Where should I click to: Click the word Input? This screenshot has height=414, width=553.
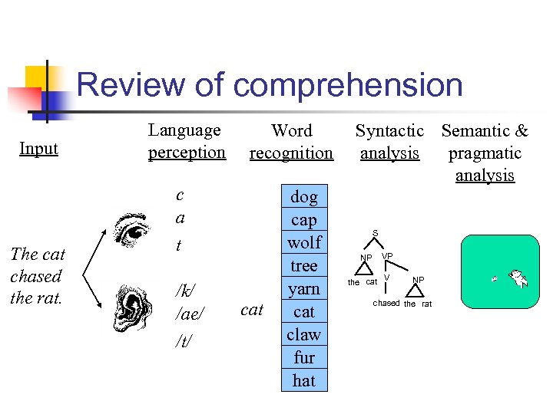[x=38, y=148]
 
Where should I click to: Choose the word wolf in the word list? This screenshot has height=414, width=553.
[x=304, y=243]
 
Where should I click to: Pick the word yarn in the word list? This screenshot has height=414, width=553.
[x=304, y=289]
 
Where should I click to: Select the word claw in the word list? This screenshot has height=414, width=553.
[x=304, y=335]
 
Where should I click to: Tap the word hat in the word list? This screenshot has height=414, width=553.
[x=304, y=380]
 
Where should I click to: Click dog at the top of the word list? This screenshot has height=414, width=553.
[x=304, y=197]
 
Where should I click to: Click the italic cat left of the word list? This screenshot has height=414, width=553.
[x=252, y=310]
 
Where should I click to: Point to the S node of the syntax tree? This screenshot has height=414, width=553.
[x=376, y=232]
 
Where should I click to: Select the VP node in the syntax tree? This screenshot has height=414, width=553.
[x=387, y=255]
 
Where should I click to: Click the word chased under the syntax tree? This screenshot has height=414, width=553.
[x=386, y=303]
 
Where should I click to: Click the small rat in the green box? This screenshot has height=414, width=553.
[x=496, y=279]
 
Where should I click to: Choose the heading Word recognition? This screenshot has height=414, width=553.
[x=291, y=142]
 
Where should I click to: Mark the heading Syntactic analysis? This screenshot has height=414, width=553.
[x=389, y=142]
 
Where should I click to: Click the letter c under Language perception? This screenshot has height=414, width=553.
[x=180, y=195]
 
